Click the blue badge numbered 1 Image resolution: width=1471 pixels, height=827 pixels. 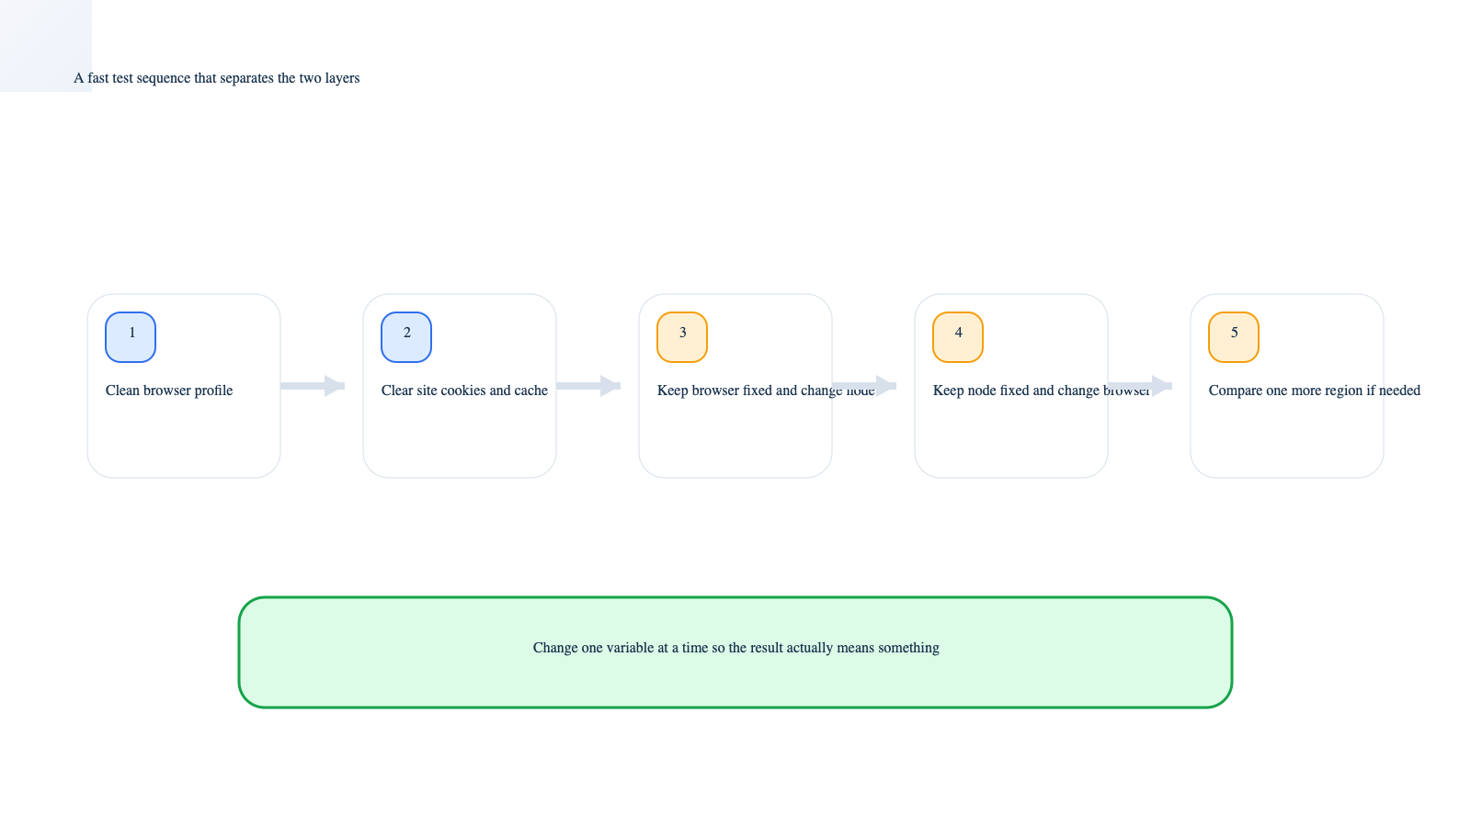pos(131,337)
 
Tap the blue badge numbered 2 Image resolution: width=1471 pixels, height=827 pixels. pos(406,337)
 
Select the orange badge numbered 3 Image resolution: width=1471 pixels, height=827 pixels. pos(682,337)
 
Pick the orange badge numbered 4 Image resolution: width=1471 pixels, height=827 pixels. pos(958,337)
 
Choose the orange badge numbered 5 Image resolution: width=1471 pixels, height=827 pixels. pos(1234,337)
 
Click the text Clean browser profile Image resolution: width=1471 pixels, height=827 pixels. pos(169,391)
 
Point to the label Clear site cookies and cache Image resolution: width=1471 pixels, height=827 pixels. pos(464,391)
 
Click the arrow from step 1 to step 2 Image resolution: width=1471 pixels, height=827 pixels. pos(313,386)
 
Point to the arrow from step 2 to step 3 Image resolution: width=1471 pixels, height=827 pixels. pos(588,386)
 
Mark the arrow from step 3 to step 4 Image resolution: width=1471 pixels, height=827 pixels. pos(864,386)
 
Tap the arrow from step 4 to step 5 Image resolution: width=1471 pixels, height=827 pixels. pos(1140,386)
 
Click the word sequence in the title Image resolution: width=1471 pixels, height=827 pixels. pos(163,78)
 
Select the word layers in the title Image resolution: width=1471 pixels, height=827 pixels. pos(342,78)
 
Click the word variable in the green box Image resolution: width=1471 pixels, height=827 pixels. pos(630,648)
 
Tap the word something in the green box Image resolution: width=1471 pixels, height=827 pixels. pos(908,648)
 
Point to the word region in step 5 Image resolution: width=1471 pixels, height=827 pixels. pos(1343,391)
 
